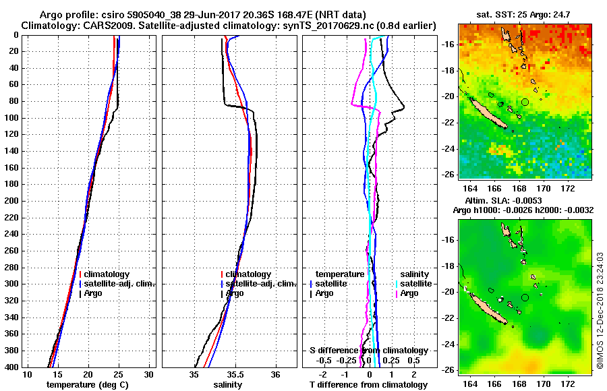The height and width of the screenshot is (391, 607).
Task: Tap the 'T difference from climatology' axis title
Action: pyautogui.click(x=368, y=385)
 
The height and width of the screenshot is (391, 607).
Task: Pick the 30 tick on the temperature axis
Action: pyautogui.click(x=149, y=375)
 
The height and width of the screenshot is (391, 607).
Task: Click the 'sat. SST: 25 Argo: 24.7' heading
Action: pyautogui.click(x=523, y=14)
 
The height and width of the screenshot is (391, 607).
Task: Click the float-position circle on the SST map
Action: pyautogui.click(x=525, y=102)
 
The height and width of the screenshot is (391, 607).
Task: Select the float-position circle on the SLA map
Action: pyautogui.click(x=525, y=297)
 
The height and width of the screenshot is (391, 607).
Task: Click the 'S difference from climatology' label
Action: pyautogui.click(x=368, y=351)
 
